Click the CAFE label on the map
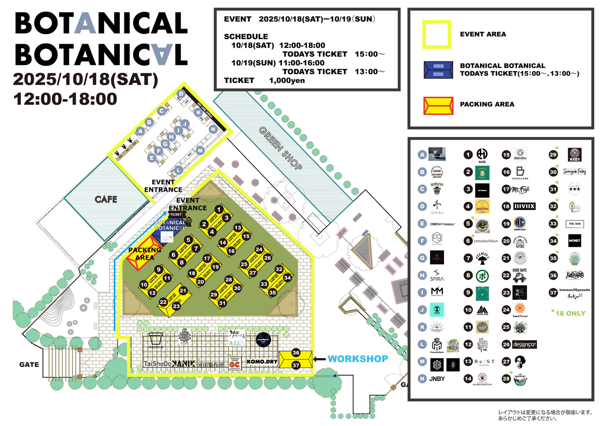[106, 199]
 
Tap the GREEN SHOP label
[281, 148]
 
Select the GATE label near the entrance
[29, 365]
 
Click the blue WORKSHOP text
[358, 359]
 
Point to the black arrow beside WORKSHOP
[319, 359]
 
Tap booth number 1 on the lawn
[219, 209]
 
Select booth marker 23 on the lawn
[177, 306]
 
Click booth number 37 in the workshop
[296, 365]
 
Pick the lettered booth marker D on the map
[181, 94]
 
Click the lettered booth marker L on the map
[179, 170]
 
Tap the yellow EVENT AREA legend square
[436, 35]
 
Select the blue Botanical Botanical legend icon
[438, 70]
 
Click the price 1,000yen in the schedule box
[287, 80]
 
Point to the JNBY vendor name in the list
[437, 379]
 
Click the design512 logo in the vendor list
[525, 345]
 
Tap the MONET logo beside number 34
[575, 241]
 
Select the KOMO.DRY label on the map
[262, 361]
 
